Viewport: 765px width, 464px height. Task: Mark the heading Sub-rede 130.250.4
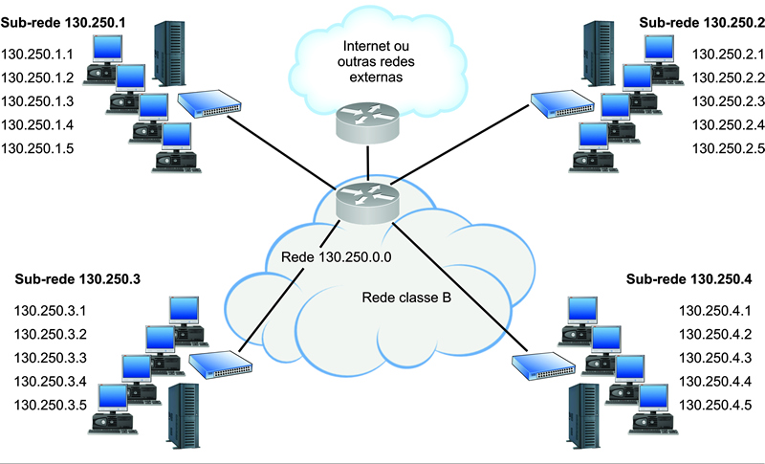[x=688, y=279]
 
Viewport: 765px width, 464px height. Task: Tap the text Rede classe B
[x=406, y=298]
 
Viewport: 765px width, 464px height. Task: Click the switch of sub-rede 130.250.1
[x=208, y=104]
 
